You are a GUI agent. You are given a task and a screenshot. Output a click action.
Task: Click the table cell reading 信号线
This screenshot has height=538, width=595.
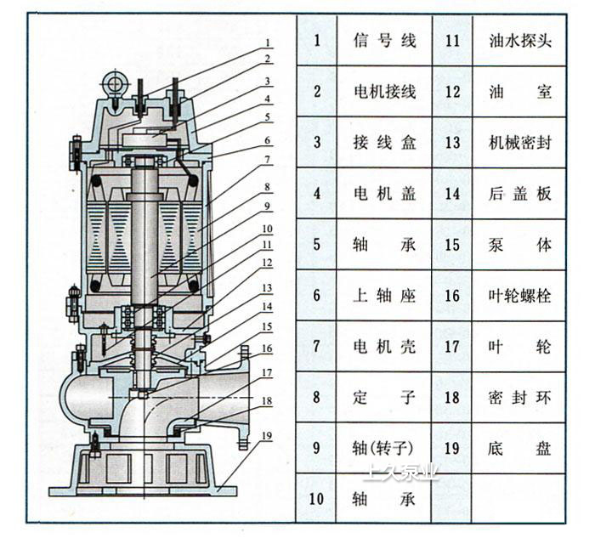[x=384, y=41]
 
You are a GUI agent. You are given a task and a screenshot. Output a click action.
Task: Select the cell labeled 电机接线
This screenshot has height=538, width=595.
[x=384, y=92]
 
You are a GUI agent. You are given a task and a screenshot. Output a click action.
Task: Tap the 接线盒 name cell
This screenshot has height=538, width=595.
[x=384, y=143]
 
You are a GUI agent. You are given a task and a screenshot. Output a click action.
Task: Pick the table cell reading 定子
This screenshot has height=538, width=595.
[x=384, y=397]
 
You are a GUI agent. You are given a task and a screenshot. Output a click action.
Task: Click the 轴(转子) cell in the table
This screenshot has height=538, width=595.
[x=384, y=448]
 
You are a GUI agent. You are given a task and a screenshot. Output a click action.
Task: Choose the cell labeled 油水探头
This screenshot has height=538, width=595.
[x=521, y=41]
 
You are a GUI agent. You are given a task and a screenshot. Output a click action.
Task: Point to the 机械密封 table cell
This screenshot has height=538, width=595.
[x=521, y=143]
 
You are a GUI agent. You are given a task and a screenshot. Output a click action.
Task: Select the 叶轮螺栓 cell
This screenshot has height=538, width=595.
[x=521, y=296]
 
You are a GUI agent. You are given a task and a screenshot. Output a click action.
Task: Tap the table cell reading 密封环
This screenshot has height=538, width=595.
[x=521, y=397]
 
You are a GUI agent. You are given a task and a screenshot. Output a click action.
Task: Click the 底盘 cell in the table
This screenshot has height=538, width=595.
[x=521, y=448]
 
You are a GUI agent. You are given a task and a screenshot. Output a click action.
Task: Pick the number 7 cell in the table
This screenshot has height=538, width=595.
[x=317, y=346]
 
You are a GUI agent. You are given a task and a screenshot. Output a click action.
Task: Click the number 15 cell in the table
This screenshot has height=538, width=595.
[x=452, y=245]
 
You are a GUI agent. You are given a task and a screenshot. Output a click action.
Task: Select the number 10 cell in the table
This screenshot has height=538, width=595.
[x=317, y=499]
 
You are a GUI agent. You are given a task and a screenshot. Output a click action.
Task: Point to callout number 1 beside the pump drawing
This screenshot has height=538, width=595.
[x=267, y=42]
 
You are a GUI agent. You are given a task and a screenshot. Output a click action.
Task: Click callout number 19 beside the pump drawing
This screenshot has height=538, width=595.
[x=267, y=436]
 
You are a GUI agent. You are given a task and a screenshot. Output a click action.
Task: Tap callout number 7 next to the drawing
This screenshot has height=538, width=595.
[x=267, y=159]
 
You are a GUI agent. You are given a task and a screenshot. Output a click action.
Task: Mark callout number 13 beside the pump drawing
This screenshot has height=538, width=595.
[x=267, y=288]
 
